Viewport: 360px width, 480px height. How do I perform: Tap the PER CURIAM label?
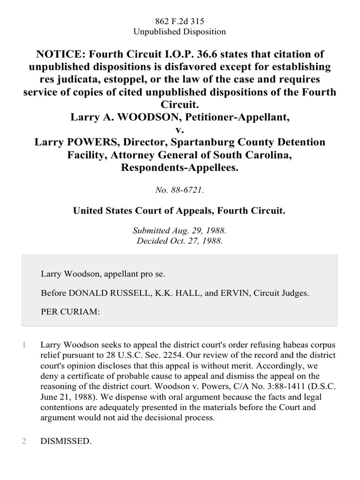pos(70,312)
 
